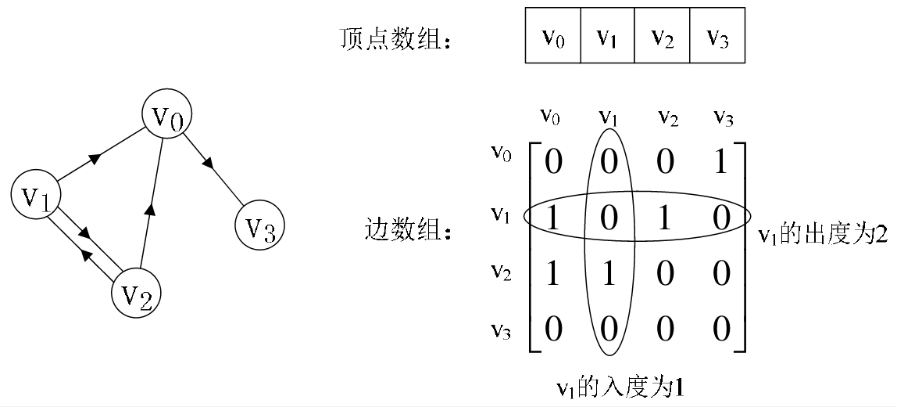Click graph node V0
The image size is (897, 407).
tap(167, 116)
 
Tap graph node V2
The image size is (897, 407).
tap(136, 294)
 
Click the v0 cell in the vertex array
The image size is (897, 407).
tap(552, 36)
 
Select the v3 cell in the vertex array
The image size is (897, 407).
tap(717, 36)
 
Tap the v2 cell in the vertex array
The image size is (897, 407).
tap(663, 36)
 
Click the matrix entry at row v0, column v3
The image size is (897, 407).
tap(721, 161)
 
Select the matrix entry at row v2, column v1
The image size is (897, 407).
tap(609, 274)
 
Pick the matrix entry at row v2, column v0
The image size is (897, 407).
tap(552, 274)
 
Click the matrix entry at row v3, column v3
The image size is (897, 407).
tap(721, 329)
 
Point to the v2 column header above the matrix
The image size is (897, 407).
tap(666, 117)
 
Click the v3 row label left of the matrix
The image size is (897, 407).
tap(501, 330)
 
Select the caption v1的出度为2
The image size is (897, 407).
tap(823, 235)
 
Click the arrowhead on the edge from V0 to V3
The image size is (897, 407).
tap(209, 164)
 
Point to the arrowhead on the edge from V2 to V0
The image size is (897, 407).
tap(150, 208)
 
